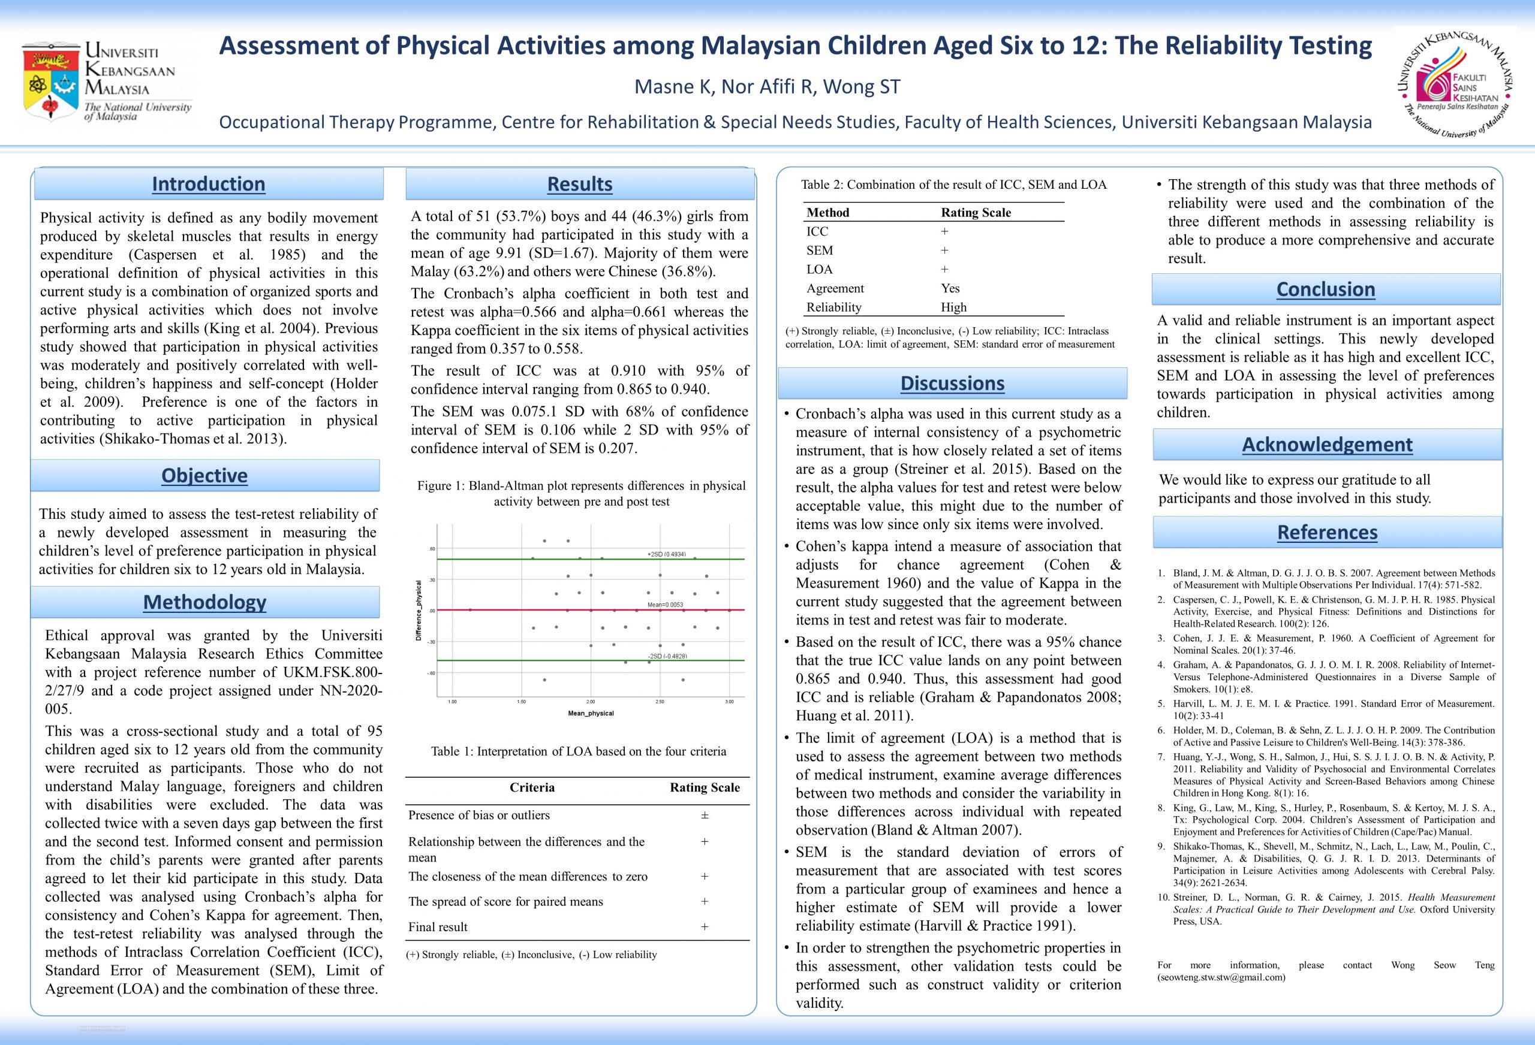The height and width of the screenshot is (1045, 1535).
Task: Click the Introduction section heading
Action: [x=208, y=184]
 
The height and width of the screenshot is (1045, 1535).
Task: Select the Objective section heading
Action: [x=204, y=475]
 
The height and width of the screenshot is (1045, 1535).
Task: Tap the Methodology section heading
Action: [x=204, y=602]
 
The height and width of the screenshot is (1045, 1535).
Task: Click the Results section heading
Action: [x=579, y=184]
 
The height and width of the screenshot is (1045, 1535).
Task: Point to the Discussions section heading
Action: [x=952, y=383]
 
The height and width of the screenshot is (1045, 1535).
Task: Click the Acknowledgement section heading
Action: [x=1327, y=445]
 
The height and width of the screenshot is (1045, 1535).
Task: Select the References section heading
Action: [x=1327, y=532]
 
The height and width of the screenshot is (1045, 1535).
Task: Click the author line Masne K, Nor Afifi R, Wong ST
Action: [x=767, y=86]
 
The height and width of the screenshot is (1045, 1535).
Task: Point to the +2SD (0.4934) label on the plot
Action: [x=666, y=554]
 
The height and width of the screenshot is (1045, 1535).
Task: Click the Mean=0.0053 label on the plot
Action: [x=664, y=604]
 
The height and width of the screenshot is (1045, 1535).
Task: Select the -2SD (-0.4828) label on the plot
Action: [x=667, y=656]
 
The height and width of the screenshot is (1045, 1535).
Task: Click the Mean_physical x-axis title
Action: [x=591, y=713]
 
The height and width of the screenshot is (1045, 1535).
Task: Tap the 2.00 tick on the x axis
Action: [x=591, y=702]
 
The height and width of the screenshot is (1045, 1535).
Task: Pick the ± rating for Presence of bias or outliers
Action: [x=704, y=816]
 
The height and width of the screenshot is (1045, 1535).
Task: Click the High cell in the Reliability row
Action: [x=953, y=307]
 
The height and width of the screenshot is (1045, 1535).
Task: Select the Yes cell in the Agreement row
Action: [x=950, y=288]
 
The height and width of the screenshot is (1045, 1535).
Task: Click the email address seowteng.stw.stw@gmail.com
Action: [x=1221, y=977]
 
